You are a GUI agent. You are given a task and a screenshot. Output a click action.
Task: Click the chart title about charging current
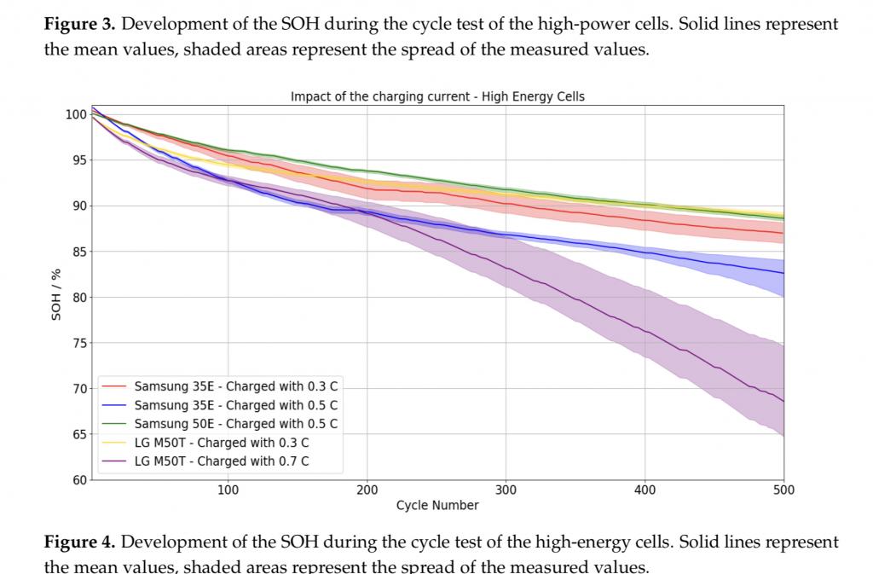(x=437, y=96)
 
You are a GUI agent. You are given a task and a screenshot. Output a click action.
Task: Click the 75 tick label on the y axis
(x=77, y=343)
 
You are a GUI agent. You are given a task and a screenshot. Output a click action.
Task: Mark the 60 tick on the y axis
(x=77, y=480)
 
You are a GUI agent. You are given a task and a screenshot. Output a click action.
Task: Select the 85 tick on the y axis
(x=77, y=252)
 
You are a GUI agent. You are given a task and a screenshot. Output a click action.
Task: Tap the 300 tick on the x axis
(x=506, y=490)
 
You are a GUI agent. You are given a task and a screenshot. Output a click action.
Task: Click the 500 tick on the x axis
(x=783, y=490)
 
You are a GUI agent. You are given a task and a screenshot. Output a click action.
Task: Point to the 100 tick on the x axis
(x=228, y=490)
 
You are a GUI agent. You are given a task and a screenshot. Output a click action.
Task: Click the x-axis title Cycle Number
(x=437, y=506)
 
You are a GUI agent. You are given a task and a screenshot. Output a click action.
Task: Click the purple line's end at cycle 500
(x=783, y=401)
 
